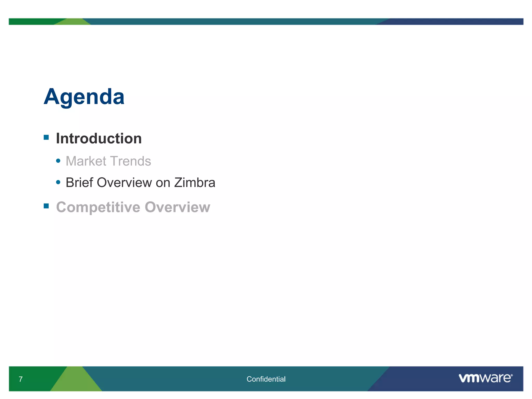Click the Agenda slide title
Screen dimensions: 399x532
[84, 97]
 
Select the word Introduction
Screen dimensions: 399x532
[99, 138]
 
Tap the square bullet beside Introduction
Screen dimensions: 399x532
[46, 137]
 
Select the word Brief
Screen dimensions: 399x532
[79, 182]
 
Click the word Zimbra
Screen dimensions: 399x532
[195, 182]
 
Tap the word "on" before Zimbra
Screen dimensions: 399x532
[163, 183]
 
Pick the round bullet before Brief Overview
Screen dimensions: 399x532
[58, 182]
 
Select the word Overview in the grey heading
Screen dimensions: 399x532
[177, 207]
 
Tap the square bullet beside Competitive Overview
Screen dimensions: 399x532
[46, 206]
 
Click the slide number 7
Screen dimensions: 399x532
[21, 379]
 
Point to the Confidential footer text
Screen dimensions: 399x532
[266, 379]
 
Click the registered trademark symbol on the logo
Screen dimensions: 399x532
[511, 375]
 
